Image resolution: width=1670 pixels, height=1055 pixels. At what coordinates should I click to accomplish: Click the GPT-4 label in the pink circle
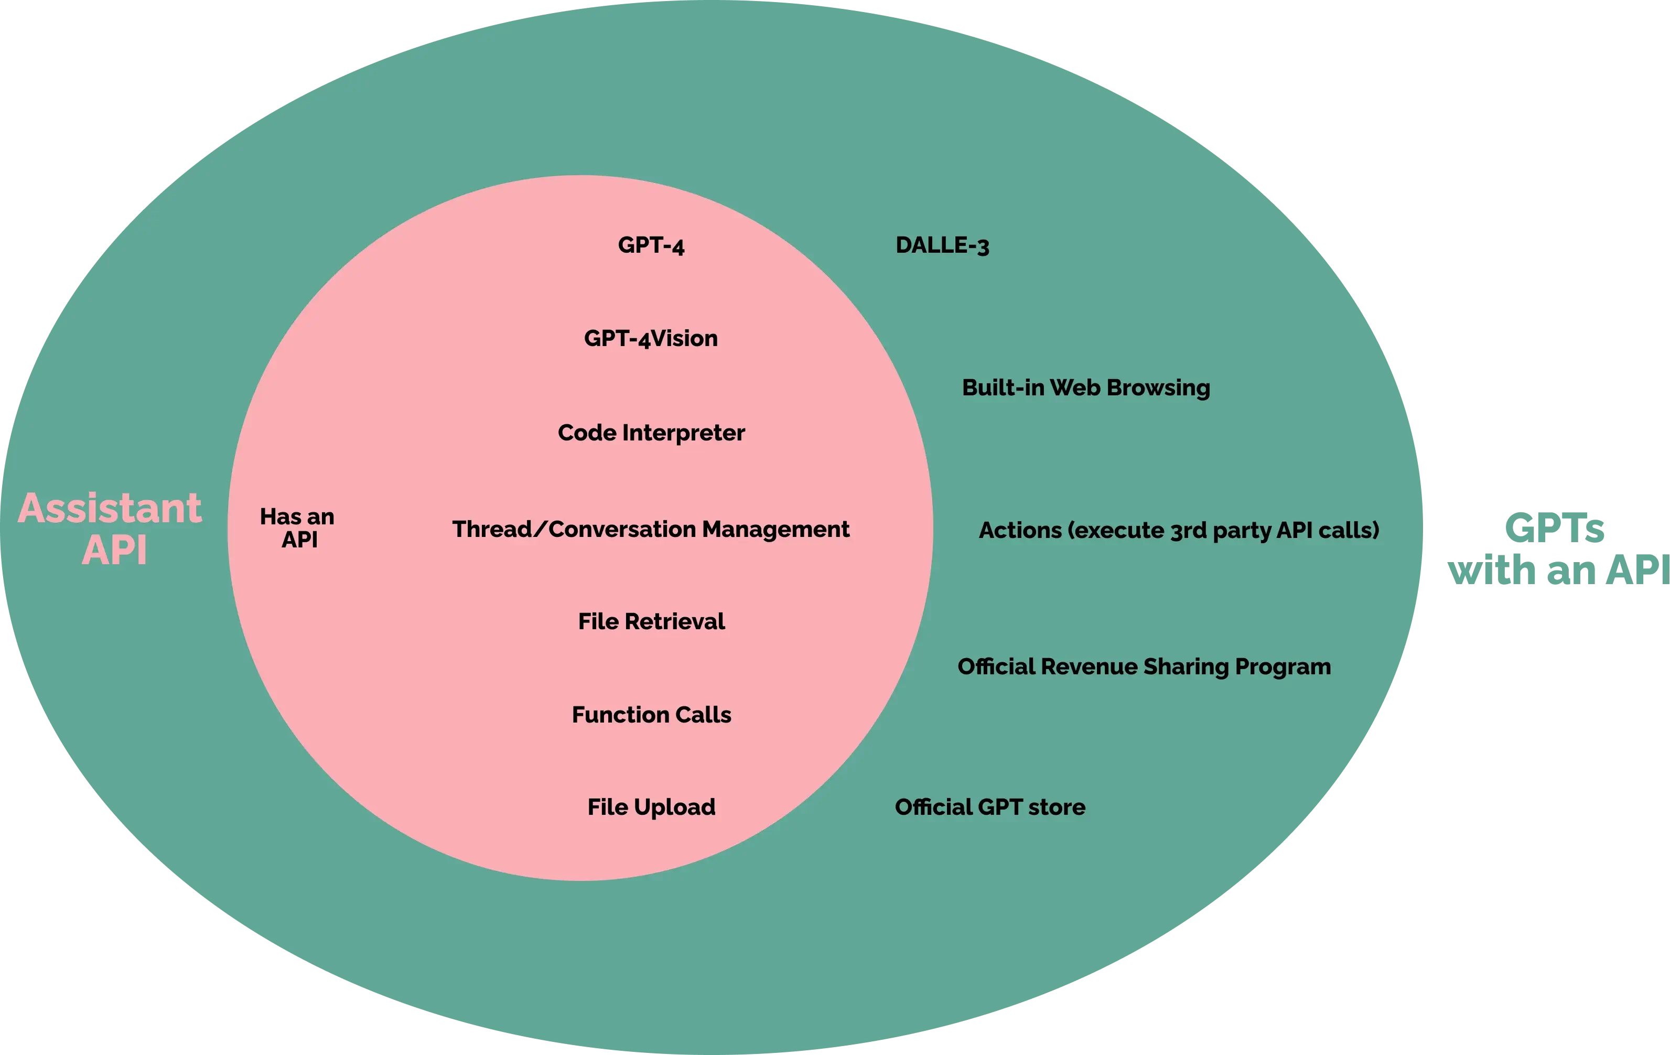(651, 245)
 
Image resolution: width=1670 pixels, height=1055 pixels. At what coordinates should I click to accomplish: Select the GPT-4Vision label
(651, 339)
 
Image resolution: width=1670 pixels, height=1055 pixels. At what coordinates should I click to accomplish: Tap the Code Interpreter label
(651, 433)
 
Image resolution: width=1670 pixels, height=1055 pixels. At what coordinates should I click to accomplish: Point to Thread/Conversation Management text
(651, 529)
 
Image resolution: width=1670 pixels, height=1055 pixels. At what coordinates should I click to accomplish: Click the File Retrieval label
(651, 621)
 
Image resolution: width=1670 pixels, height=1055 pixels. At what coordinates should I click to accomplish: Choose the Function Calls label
(651, 715)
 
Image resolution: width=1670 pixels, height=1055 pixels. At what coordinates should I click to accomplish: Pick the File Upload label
(651, 808)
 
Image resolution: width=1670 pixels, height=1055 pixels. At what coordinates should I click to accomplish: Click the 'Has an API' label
(297, 528)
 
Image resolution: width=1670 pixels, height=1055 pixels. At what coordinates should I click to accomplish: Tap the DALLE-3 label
(942, 245)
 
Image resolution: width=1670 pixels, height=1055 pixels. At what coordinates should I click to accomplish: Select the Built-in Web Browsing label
(1085, 387)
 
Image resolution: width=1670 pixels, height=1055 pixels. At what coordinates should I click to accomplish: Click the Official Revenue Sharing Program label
(1144, 666)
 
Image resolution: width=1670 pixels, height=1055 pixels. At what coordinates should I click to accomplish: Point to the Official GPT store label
(989, 808)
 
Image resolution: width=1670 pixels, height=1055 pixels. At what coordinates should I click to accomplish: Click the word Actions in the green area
(1019, 531)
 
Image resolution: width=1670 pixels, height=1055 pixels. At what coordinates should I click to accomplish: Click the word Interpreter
(683, 433)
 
